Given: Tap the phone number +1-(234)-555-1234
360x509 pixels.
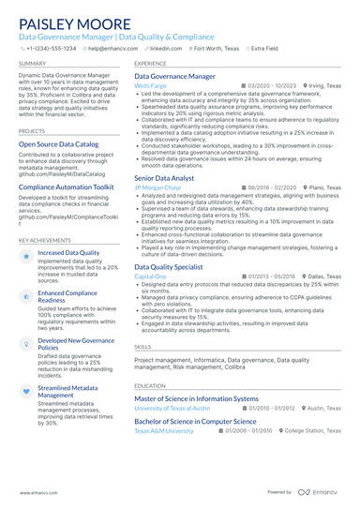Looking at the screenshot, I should [52, 46].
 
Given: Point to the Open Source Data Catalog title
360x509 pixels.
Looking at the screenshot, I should [59, 144].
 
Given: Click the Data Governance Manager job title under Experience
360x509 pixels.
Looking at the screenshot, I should [174, 76].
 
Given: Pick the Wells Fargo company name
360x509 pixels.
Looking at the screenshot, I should [152, 85].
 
